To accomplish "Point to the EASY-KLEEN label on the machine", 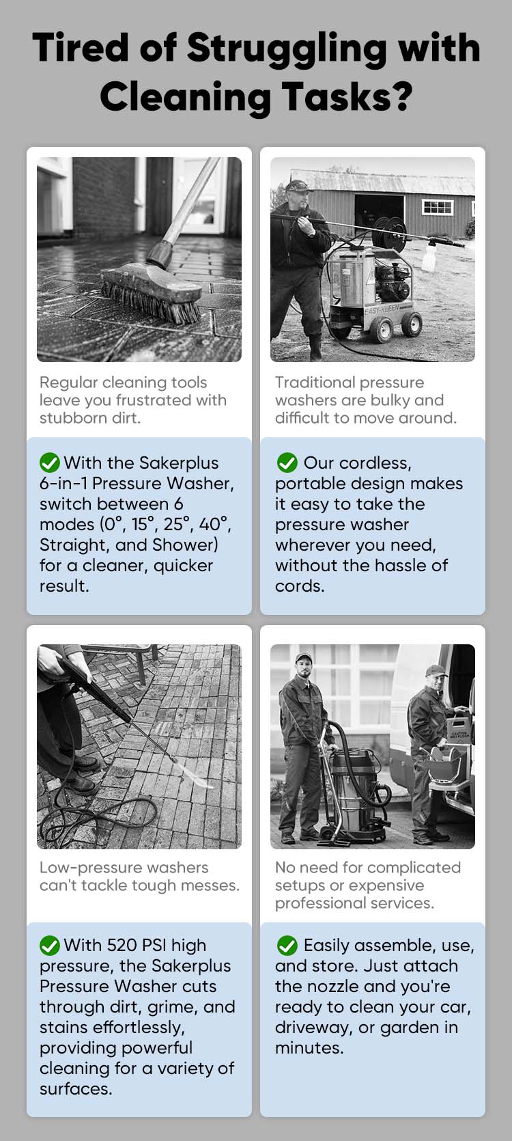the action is tap(382, 310).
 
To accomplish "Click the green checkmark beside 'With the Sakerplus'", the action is tap(49, 463).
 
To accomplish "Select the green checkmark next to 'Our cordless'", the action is tap(287, 463).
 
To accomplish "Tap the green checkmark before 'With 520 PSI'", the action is tap(49, 946).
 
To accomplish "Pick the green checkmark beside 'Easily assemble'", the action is tap(287, 946).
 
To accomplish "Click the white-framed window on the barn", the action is tap(438, 207).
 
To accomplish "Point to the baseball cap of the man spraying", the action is tap(298, 185).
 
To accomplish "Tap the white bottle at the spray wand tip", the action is tap(429, 256).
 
